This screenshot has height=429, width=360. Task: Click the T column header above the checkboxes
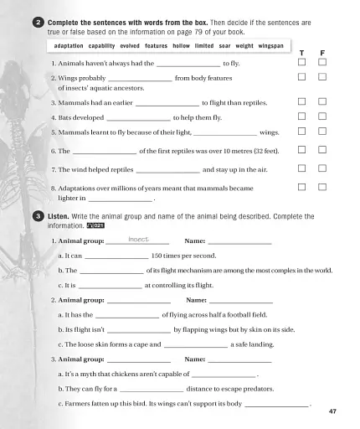[x=301, y=53]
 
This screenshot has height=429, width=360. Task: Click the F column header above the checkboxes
[x=322, y=53]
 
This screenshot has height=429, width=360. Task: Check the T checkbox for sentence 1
[x=301, y=63]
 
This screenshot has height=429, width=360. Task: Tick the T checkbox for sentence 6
[x=301, y=150]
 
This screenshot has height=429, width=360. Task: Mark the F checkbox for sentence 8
[x=322, y=188]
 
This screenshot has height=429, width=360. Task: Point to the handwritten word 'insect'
[x=138, y=240]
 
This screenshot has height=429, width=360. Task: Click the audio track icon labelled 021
[x=95, y=225]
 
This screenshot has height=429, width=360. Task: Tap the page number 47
[x=332, y=411]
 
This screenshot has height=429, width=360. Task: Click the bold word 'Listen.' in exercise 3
[x=59, y=216]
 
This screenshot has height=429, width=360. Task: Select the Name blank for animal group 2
[x=241, y=301]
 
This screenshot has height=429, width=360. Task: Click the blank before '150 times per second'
[x=116, y=256]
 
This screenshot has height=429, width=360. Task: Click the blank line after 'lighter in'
[x=121, y=200]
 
